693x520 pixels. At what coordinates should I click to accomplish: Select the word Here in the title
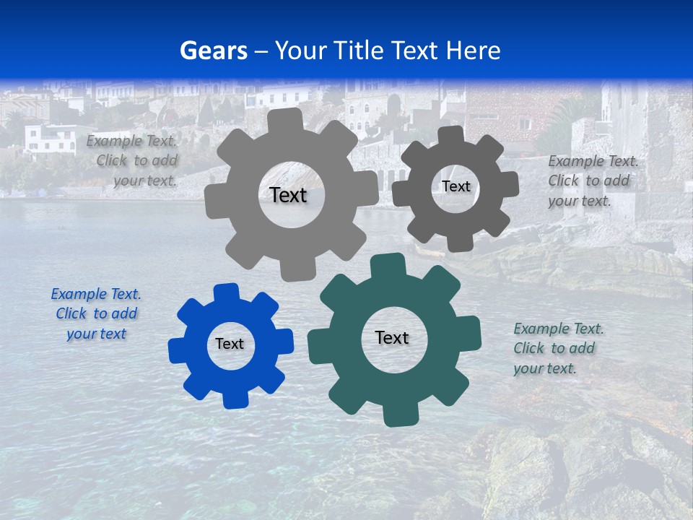[473, 51]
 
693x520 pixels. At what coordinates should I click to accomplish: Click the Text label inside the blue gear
[230, 344]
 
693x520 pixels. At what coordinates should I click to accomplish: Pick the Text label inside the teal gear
[392, 337]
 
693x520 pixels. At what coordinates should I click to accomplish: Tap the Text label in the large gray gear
[288, 195]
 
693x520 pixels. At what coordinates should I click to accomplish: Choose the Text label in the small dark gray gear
[456, 186]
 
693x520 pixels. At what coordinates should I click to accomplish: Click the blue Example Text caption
[96, 313]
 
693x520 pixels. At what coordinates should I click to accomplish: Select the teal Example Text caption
[558, 348]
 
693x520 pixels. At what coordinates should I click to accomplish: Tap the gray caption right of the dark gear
[592, 181]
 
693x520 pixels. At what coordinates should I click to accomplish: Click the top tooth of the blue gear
[226, 291]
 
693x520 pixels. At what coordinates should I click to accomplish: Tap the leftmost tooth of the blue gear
[175, 350]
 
